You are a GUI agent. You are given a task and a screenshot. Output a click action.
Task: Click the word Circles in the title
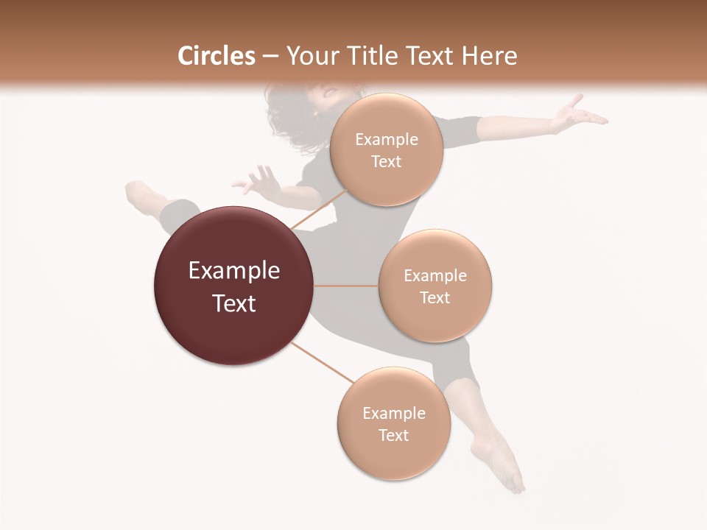[x=216, y=56]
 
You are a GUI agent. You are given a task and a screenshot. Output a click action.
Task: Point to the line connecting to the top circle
[x=318, y=208]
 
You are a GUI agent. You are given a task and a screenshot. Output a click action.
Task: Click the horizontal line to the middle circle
[x=345, y=286]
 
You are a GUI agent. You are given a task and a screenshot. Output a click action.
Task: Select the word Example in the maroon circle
[x=234, y=271]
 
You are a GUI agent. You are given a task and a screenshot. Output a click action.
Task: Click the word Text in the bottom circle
[x=393, y=435]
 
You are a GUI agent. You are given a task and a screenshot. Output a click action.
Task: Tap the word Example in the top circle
[x=386, y=140]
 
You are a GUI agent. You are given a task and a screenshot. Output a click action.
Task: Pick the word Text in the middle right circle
[x=435, y=297]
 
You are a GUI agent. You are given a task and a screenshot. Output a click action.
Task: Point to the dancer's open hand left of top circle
[x=258, y=180]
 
